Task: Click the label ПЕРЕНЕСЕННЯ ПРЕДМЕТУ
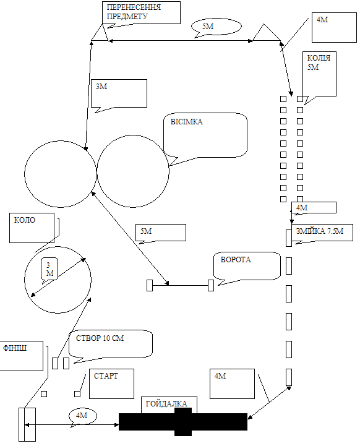pyautogui.click(x=134, y=12)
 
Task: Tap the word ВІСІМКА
pyautogui.click(x=187, y=122)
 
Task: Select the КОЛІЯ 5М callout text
pyautogui.click(x=319, y=62)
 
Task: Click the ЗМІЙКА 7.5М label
pyautogui.click(x=320, y=231)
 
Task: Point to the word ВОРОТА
pyautogui.click(x=236, y=259)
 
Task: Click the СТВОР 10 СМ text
pyautogui.click(x=100, y=338)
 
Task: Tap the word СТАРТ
pyautogui.click(x=106, y=375)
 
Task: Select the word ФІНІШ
pyautogui.click(x=15, y=348)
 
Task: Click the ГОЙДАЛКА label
pyautogui.click(x=166, y=403)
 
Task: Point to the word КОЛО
pyautogui.click(x=25, y=220)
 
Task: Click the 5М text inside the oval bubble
pyautogui.click(x=208, y=27)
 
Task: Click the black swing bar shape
pyautogui.click(x=183, y=421)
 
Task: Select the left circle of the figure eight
pyautogui.click(x=25, y=174)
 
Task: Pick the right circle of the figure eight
pyautogui.click(x=169, y=171)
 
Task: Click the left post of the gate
pyautogui.click(x=150, y=285)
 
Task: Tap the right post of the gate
pyautogui.click(x=211, y=285)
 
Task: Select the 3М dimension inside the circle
pyautogui.click(x=49, y=269)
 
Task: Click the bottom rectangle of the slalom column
pyautogui.click(x=289, y=377)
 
